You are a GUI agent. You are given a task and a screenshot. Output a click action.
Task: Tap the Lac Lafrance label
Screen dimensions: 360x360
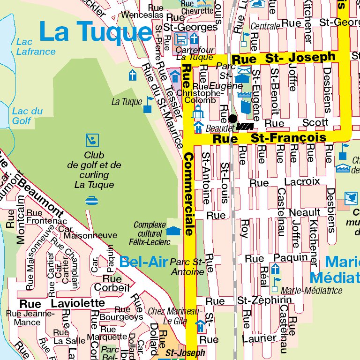click(35, 47)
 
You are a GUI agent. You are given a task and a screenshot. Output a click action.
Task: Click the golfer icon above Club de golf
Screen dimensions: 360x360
click(92, 140)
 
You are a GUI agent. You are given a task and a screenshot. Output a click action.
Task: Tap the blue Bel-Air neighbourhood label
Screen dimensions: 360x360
click(143, 262)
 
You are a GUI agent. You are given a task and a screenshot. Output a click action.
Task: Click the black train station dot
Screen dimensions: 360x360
click(232, 119)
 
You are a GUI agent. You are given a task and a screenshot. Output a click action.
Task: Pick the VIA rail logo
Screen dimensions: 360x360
click(245, 127)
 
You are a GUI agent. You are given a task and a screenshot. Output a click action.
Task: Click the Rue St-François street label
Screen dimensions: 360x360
click(269, 138)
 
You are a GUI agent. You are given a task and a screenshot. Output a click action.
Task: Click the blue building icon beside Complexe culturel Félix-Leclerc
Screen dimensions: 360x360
click(173, 231)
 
